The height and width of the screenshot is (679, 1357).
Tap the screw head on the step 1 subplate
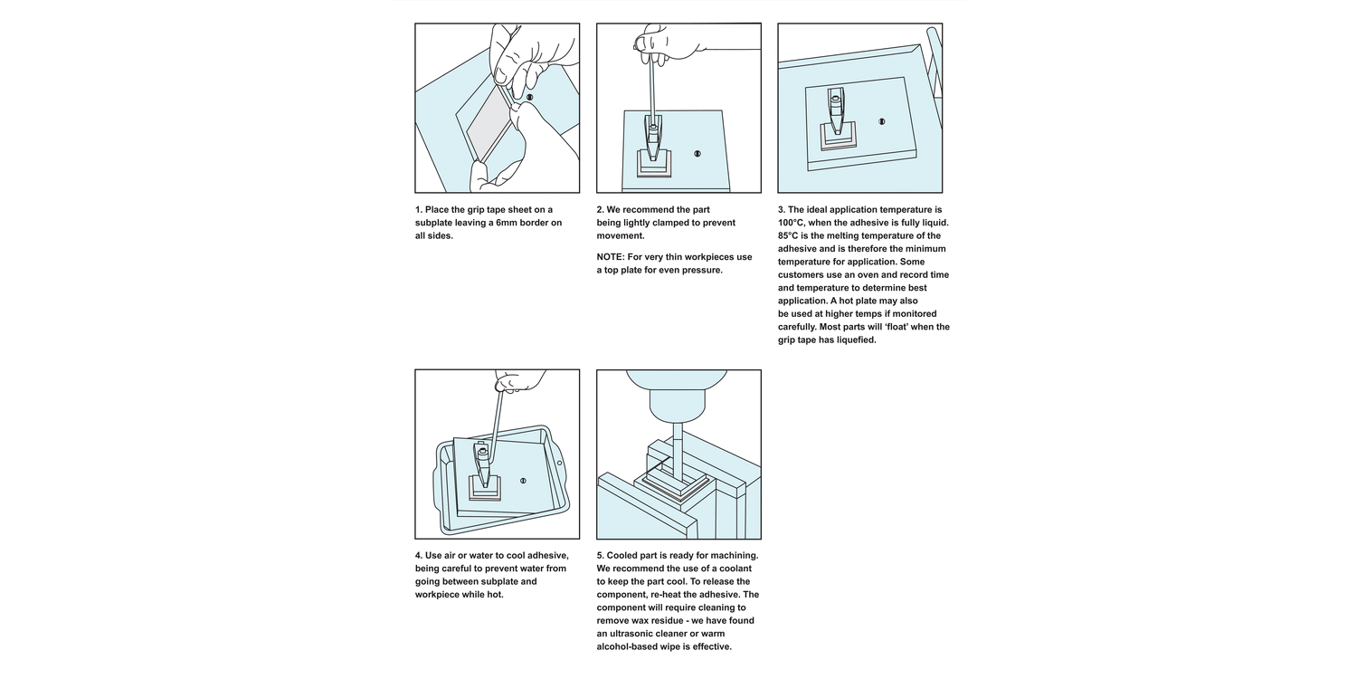(529, 97)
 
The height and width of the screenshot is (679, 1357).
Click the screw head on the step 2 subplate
(697, 153)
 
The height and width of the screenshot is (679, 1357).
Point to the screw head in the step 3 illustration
(881, 122)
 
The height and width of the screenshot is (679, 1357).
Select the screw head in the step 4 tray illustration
(523, 481)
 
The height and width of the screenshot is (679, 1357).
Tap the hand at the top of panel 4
(519, 381)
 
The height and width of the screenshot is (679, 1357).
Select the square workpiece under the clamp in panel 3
(838, 135)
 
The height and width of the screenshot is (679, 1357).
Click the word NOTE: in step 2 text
(611, 257)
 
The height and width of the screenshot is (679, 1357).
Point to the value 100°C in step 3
(792, 223)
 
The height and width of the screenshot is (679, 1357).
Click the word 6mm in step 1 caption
(508, 223)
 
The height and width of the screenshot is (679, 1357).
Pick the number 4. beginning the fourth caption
(419, 555)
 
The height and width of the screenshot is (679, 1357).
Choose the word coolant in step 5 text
(735, 569)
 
